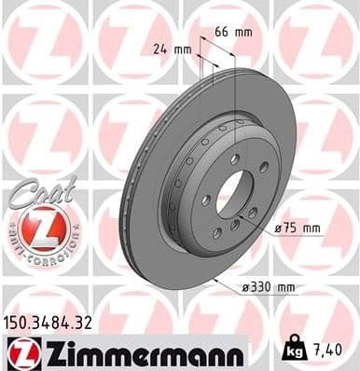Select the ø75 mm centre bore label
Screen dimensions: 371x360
tap(297, 227)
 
